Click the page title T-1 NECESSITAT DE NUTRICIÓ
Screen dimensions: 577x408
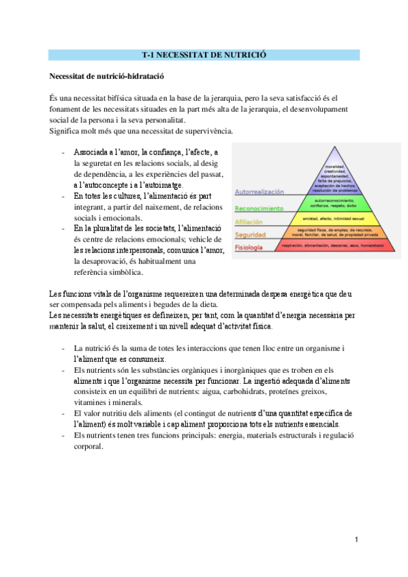(x=204, y=54)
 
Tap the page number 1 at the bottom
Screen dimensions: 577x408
(x=356, y=539)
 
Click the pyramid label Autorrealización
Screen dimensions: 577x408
(x=260, y=193)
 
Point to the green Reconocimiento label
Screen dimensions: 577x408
(x=259, y=207)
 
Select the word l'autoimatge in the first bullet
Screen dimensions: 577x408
(x=161, y=186)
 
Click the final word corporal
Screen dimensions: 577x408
(x=88, y=446)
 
